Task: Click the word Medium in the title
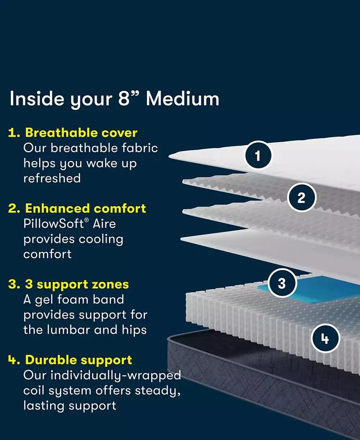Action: [183, 99]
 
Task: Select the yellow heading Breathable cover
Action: [81, 132]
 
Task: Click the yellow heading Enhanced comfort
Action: [85, 208]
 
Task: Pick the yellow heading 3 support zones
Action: [77, 284]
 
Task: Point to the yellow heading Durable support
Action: [79, 360]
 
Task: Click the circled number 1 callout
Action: [258, 156]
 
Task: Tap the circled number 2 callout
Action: [301, 198]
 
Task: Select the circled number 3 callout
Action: [282, 283]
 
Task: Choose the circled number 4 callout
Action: [325, 339]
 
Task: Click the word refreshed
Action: [52, 178]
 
